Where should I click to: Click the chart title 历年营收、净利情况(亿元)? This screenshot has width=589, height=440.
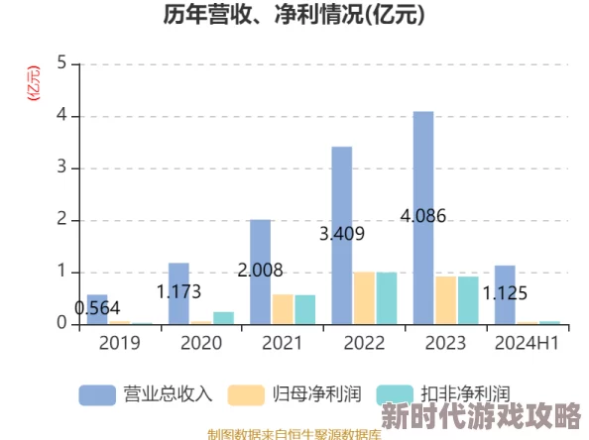(294, 16)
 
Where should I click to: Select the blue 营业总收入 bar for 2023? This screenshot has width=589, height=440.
(423, 217)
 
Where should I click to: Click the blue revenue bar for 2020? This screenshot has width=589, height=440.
(178, 293)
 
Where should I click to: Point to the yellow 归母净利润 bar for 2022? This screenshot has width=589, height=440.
(365, 297)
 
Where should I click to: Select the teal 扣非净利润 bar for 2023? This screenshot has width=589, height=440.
(468, 299)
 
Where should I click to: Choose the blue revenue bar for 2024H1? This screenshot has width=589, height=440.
(505, 294)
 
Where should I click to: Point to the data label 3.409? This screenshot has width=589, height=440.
(342, 234)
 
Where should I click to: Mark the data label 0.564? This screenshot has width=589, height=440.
(97, 308)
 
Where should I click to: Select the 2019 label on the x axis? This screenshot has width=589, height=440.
(119, 343)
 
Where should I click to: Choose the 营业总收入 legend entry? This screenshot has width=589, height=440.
(147, 393)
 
